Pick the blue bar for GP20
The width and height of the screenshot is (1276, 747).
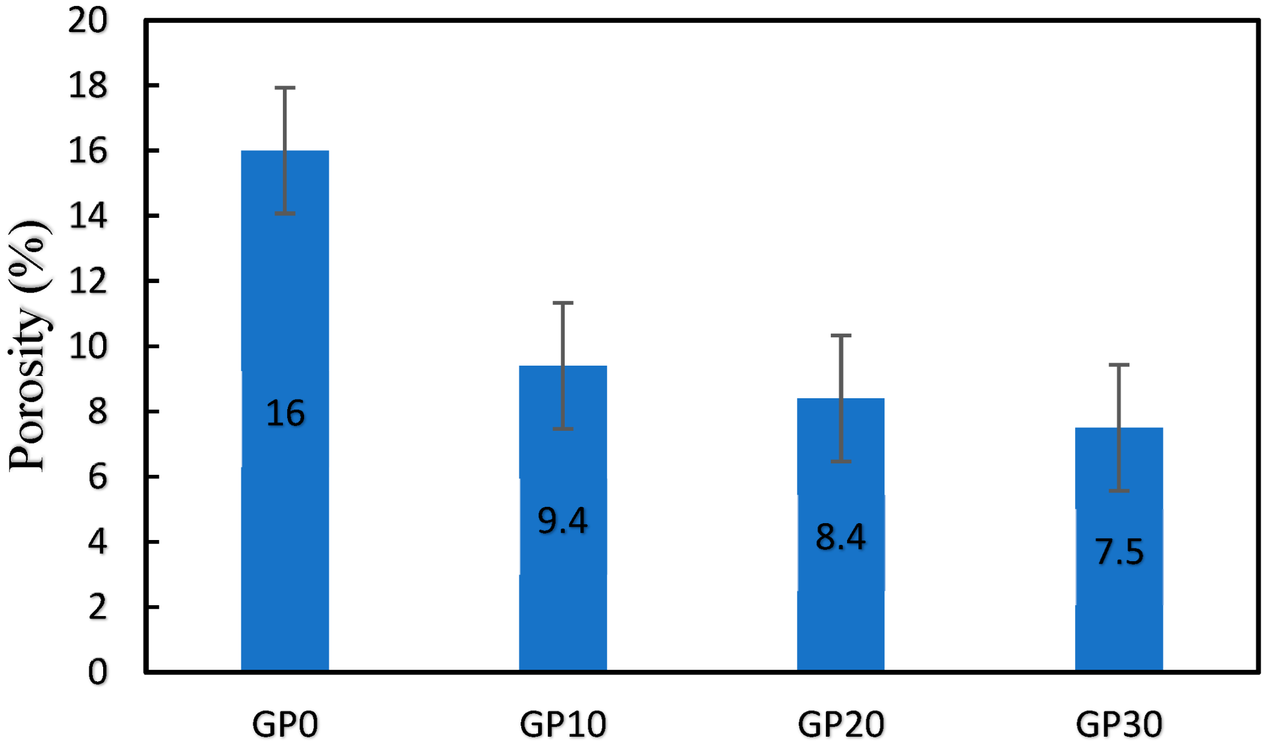[840, 615]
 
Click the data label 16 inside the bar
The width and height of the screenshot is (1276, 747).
[285, 414]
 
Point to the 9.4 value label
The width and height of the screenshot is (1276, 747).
[562, 521]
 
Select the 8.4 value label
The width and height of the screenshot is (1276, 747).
[840, 536]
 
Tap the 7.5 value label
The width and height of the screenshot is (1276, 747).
[1119, 552]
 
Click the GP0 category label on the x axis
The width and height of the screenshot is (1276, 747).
[285, 724]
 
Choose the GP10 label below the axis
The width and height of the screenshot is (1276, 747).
[563, 724]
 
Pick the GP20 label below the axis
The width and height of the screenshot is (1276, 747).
[841, 724]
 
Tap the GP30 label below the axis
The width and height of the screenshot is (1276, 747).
[1119, 724]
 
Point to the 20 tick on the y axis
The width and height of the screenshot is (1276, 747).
[87, 21]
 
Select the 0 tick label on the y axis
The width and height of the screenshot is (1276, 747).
[97, 672]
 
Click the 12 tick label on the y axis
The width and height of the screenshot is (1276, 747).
[87, 281]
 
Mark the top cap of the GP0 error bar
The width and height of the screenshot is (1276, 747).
[285, 88]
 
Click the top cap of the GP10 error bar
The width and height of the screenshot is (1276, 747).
[563, 303]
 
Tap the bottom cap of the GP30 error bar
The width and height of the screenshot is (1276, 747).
[1119, 491]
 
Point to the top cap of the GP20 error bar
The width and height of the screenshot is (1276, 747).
[841, 335]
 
